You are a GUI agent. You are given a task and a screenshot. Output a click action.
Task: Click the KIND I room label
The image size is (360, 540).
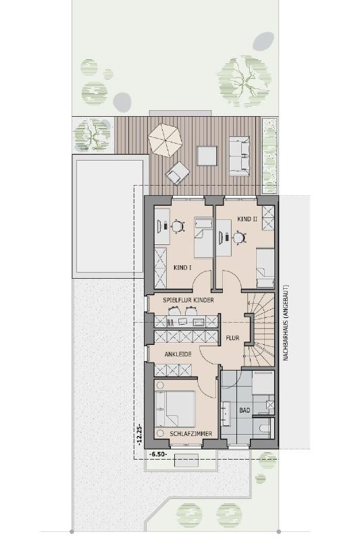[182, 267]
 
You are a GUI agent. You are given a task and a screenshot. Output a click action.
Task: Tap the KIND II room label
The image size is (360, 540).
[247, 219]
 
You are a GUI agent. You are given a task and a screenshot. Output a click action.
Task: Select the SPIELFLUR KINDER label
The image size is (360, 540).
[188, 300]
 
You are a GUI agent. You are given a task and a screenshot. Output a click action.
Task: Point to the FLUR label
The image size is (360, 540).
[232, 338]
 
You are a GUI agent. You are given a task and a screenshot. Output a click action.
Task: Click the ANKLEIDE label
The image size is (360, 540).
[178, 354]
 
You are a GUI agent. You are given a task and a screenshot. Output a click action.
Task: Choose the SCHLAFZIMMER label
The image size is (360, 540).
[191, 434]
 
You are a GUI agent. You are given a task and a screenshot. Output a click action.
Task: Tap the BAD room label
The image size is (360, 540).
[245, 410]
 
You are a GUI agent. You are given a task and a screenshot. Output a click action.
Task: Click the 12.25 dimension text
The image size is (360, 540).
[140, 435]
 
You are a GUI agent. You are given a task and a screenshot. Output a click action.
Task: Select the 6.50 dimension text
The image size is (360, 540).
[158, 454]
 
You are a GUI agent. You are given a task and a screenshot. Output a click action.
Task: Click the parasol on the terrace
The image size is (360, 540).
[165, 140]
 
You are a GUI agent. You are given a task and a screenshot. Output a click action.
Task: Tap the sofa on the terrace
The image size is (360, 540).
[239, 156]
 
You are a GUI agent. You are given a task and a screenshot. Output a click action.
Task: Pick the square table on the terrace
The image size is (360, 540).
[207, 156]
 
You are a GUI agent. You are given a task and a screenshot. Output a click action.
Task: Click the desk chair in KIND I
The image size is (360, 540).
[177, 226]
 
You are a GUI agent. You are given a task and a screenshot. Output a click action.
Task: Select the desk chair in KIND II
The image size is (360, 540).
[238, 238]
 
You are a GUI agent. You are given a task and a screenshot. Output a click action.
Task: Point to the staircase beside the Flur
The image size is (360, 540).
[260, 331]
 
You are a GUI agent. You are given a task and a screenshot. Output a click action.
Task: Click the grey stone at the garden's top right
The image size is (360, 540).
[263, 41]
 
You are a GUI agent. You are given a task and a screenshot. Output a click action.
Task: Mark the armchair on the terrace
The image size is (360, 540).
[178, 173]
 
